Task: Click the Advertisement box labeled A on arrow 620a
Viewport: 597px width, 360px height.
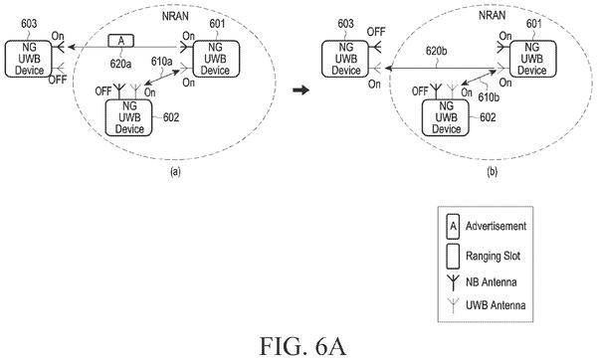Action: click(121, 41)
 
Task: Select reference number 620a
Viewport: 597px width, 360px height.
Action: click(120, 64)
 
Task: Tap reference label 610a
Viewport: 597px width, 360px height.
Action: click(161, 62)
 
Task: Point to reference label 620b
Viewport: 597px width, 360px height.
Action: click(437, 51)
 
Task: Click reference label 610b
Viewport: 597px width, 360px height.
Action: click(489, 97)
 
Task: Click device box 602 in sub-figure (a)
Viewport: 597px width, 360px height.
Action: click(128, 117)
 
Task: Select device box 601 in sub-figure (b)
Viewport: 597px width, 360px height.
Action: click(532, 59)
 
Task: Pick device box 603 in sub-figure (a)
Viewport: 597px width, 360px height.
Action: click(28, 59)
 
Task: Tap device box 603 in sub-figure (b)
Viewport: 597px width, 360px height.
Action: click(345, 59)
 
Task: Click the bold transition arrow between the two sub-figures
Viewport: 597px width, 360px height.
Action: click(300, 90)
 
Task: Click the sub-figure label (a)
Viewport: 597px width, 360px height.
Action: click(175, 172)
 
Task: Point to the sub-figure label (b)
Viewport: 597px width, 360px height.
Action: click(492, 172)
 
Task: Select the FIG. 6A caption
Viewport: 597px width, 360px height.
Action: click(302, 346)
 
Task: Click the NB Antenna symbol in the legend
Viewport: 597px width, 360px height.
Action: click(453, 282)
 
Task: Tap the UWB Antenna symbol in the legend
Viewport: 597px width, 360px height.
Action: click(453, 305)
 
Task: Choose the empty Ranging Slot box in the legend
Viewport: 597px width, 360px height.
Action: click(453, 256)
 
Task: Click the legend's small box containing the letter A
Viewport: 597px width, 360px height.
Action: click(453, 227)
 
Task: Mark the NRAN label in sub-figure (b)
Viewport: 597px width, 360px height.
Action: click(492, 15)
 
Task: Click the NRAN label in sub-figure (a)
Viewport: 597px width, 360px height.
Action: click(175, 16)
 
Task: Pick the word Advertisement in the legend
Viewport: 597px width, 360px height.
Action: click(496, 226)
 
